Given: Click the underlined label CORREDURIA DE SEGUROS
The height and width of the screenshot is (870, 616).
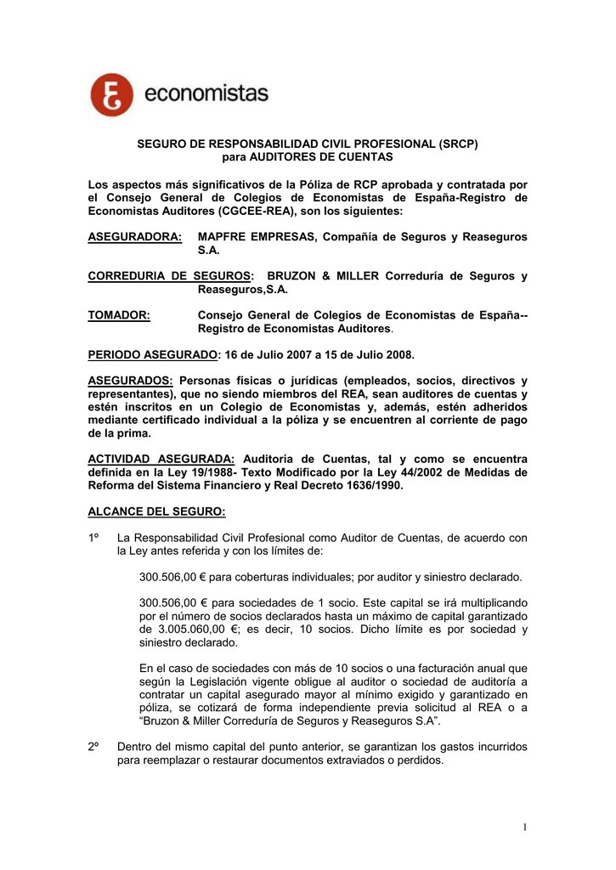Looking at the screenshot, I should pyautogui.click(x=170, y=276).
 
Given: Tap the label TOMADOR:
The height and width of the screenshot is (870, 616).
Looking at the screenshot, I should pyautogui.click(x=119, y=316).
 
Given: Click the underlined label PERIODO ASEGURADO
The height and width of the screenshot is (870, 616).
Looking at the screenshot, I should pyautogui.click(x=153, y=353).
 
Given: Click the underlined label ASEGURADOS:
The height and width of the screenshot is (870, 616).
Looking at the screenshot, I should pyautogui.click(x=131, y=380).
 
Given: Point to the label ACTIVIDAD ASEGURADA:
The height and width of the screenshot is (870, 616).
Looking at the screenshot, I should pyautogui.click(x=161, y=459).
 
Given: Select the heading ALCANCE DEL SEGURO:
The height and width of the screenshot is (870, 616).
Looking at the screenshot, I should pyautogui.click(x=157, y=511).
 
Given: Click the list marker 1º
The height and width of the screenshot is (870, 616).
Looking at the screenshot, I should pyautogui.click(x=95, y=538).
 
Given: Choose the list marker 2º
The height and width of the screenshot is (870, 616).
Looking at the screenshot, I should pyautogui.click(x=95, y=747).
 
